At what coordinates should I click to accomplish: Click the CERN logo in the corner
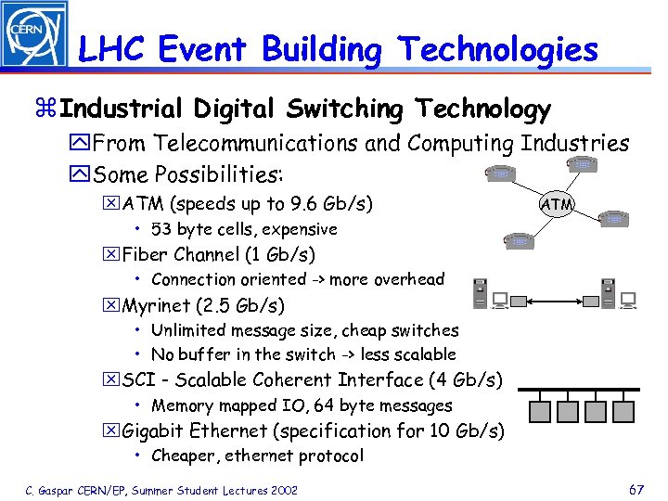coord(34,34)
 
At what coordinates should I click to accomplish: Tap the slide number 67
coord(636,488)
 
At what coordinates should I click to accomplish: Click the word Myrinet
coord(168,305)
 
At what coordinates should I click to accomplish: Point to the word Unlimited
coord(191,330)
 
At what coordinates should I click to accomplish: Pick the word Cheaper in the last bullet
coord(183,456)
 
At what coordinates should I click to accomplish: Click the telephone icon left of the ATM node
coord(502,173)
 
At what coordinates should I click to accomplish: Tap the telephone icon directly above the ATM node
coord(582,163)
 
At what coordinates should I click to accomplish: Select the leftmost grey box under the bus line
coord(541,411)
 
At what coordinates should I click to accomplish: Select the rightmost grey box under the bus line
coord(623,411)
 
